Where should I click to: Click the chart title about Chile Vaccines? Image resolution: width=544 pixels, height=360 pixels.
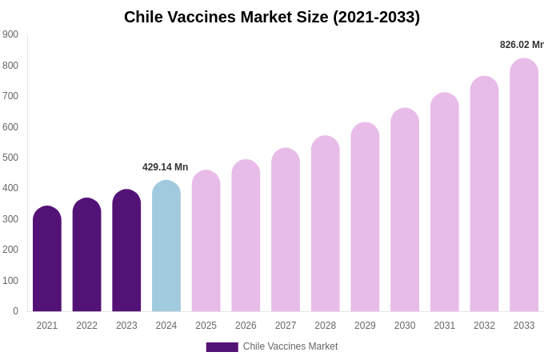click(x=272, y=17)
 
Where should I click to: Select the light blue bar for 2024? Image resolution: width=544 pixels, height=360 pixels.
click(x=166, y=248)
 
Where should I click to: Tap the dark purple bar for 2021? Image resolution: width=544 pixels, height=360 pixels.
click(x=47, y=260)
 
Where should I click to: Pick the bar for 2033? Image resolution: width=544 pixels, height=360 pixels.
click(x=524, y=188)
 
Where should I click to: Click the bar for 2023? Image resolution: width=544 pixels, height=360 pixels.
click(x=126, y=252)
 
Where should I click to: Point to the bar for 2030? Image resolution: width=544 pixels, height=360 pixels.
click(x=405, y=212)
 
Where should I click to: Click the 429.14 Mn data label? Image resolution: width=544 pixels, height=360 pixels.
click(x=166, y=167)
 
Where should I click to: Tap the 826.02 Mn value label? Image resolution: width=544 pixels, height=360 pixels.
click(x=522, y=45)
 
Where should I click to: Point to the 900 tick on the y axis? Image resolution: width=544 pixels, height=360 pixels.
click(x=10, y=34)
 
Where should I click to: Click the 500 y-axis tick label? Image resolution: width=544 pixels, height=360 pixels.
click(x=10, y=158)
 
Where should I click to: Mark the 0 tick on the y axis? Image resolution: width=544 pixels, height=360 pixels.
click(x=15, y=311)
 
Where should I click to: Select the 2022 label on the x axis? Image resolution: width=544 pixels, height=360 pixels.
click(x=87, y=326)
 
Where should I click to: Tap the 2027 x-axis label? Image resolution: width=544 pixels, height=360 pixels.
click(x=286, y=326)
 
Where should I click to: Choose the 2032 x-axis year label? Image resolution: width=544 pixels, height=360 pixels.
click(x=484, y=326)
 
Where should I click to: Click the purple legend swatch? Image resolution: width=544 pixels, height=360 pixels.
click(x=222, y=347)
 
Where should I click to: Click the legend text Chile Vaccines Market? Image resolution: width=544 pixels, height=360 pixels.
click(x=290, y=346)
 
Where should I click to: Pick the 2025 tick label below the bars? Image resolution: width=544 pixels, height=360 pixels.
click(x=206, y=326)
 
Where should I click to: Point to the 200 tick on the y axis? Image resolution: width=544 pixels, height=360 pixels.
click(x=10, y=250)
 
